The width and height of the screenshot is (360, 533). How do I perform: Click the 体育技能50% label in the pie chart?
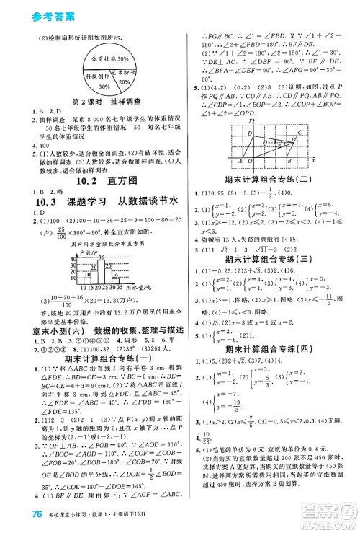point(104,58)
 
